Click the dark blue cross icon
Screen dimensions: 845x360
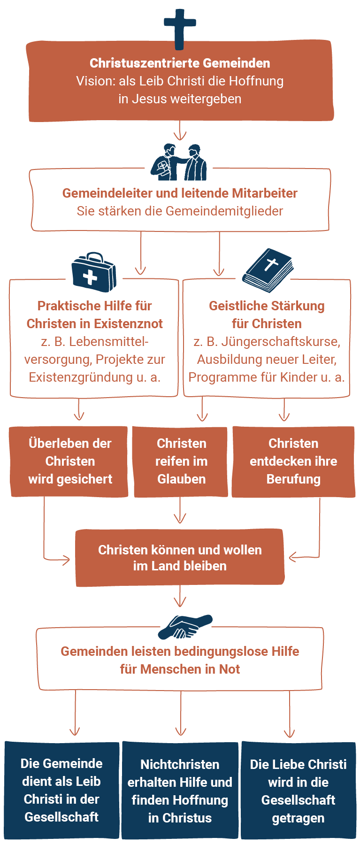pos(180,28)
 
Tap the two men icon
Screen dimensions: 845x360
pos(179,162)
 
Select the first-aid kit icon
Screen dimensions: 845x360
pos(94,272)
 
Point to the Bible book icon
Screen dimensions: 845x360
pos(268,271)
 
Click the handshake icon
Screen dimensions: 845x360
pos(185,627)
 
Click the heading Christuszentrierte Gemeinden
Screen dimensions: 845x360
pos(180,63)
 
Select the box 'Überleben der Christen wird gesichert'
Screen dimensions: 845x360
pos(69,461)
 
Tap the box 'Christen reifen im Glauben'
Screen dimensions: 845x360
pos(181,461)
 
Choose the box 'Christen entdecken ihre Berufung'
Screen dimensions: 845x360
pos(293,461)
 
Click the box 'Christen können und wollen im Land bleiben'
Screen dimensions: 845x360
pos(180,558)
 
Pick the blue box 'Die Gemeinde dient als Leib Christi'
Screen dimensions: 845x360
pos(61,791)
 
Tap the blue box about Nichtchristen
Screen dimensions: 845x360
pos(180,791)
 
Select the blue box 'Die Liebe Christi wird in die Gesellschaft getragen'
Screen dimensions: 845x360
pos(298,791)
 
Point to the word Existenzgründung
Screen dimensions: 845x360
pos(81,377)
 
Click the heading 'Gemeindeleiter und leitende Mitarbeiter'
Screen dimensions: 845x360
pos(180,193)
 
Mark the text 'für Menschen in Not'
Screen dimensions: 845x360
pos(180,669)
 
